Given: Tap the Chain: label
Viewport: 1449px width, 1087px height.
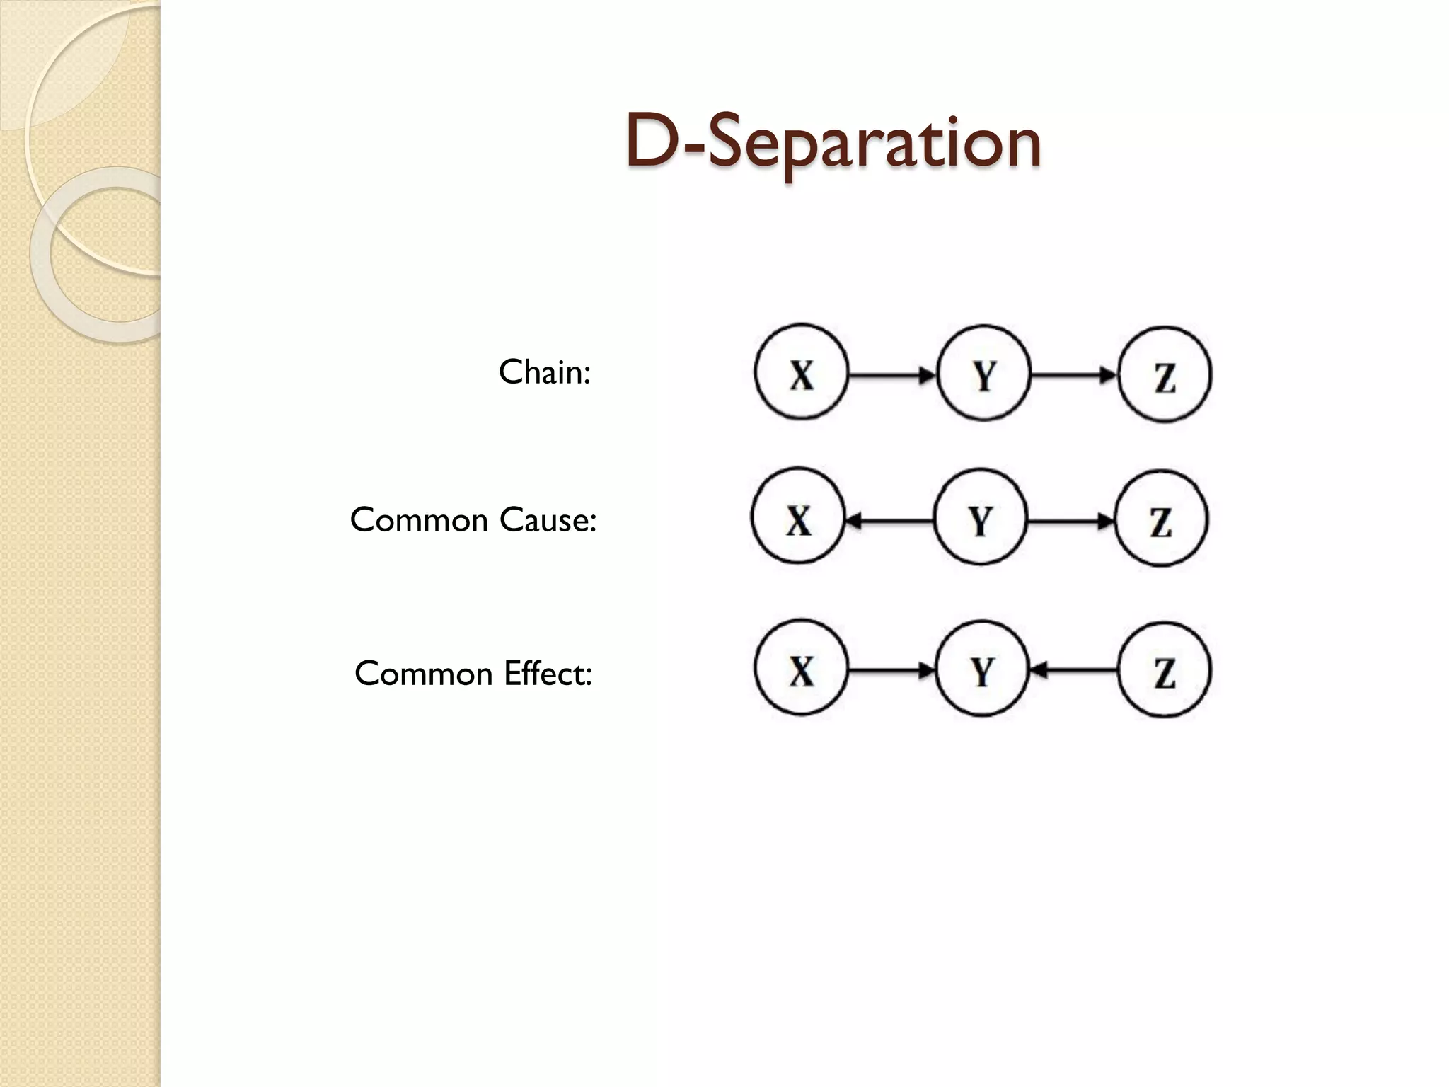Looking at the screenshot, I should (x=544, y=372).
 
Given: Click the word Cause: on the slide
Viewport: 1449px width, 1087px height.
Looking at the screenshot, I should (x=548, y=520).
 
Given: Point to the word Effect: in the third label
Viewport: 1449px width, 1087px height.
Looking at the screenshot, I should (x=547, y=673).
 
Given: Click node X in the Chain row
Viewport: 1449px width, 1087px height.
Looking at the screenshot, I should (x=801, y=373).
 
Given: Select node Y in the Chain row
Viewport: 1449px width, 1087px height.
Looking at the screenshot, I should (x=983, y=374).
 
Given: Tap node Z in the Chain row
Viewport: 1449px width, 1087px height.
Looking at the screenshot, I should (x=1165, y=375).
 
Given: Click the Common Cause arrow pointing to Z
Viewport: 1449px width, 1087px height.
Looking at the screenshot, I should (x=1070, y=522).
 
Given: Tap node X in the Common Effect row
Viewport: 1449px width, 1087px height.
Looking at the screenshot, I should (x=801, y=669).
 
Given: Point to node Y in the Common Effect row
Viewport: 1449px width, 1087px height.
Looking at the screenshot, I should (x=982, y=670).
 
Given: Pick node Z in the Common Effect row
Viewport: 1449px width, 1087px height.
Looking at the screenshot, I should (x=1165, y=671).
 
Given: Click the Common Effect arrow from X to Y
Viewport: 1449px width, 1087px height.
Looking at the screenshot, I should (x=892, y=670).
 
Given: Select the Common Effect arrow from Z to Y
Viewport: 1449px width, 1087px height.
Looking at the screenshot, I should (x=1073, y=670).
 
